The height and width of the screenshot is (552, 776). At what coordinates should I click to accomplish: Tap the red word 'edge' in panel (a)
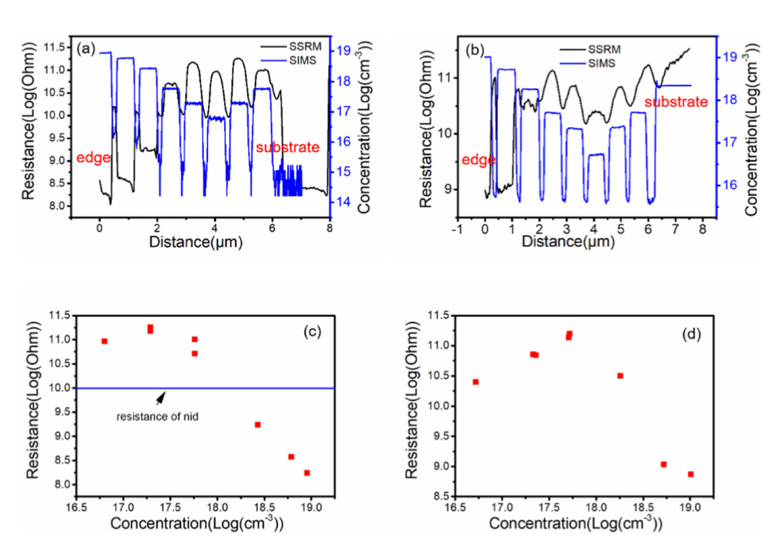click(94, 158)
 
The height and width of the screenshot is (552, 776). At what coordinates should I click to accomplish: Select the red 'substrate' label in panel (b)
click(675, 102)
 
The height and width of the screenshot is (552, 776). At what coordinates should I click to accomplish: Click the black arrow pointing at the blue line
click(161, 397)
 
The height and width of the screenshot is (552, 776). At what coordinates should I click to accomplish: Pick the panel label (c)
click(312, 331)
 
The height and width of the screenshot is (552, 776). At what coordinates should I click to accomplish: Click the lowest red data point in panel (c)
click(307, 472)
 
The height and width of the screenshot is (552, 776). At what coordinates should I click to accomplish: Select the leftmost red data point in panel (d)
click(476, 382)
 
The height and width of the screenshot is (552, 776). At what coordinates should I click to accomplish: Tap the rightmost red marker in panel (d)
click(690, 474)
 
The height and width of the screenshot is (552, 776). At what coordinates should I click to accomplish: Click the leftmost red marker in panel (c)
click(104, 341)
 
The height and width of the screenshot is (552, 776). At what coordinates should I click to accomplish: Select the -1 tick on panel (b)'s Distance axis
click(457, 228)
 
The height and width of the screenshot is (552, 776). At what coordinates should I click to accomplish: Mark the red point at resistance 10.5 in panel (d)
click(620, 375)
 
